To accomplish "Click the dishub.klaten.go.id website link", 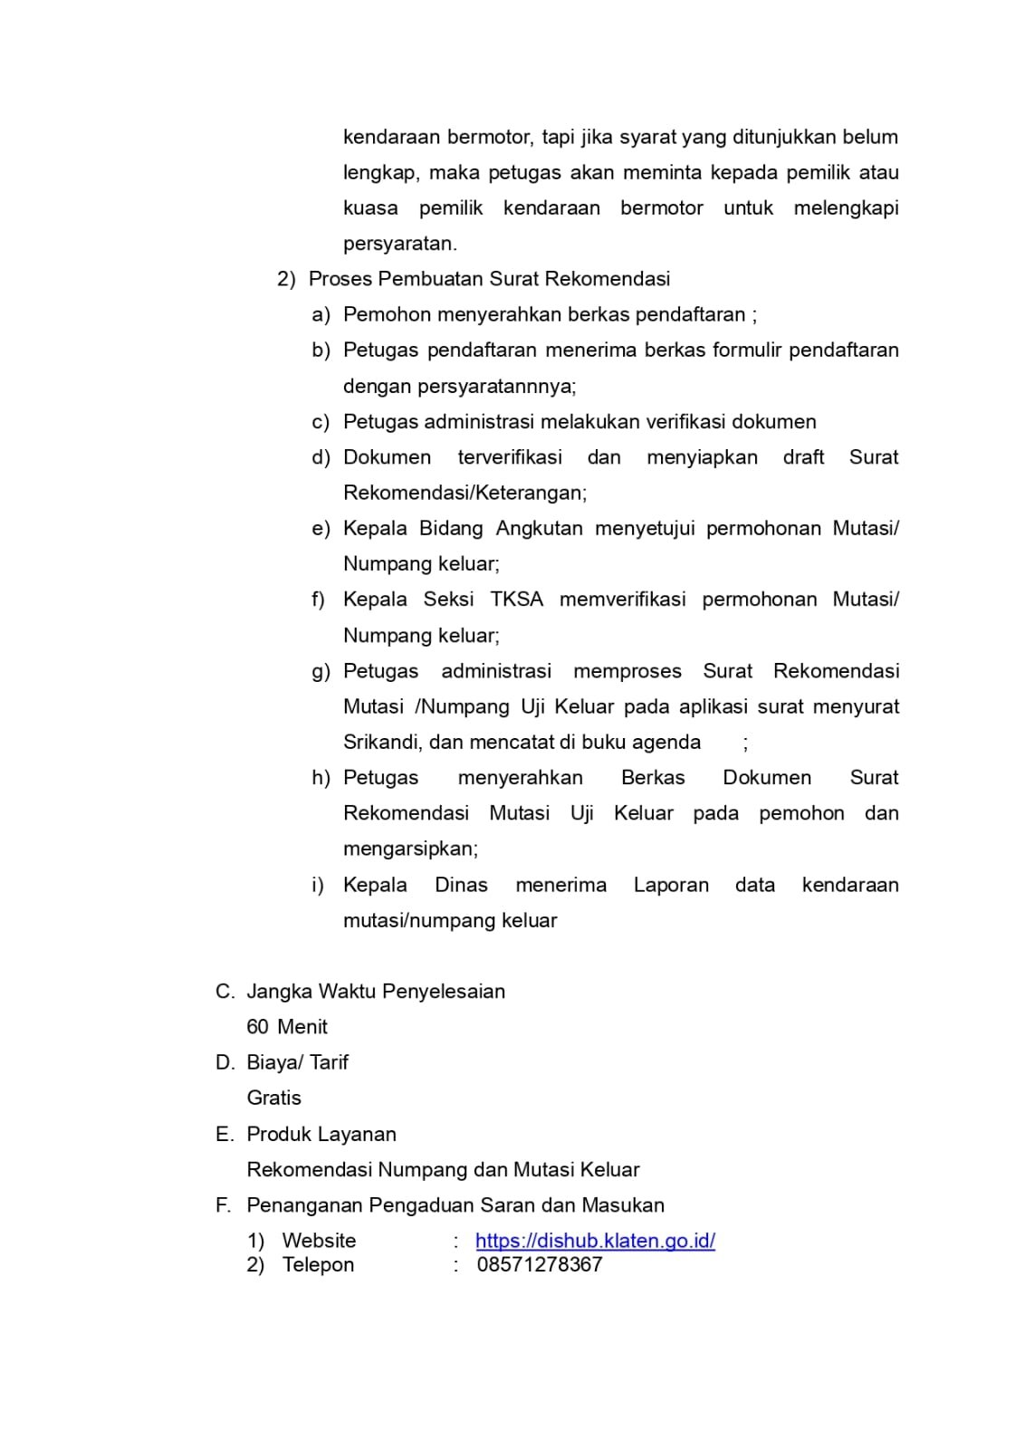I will (x=595, y=1241).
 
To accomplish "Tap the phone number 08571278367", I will (x=540, y=1264).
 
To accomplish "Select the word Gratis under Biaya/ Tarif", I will (x=273, y=1098).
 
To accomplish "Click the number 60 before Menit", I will (x=257, y=1027).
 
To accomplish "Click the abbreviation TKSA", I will (x=516, y=600).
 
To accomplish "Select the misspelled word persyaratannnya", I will (x=459, y=387).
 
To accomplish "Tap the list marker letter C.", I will (x=224, y=992).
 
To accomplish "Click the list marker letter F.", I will (x=223, y=1205).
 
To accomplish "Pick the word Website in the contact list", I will (x=319, y=1241).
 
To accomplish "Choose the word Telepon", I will (x=318, y=1265).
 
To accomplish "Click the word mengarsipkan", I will (x=410, y=849).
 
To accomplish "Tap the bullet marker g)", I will (x=321, y=672).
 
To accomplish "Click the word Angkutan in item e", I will (x=539, y=529).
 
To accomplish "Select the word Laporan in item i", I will (x=671, y=885).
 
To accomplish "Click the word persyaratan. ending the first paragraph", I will (x=399, y=244).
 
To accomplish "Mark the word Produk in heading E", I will (x=279, y=1135).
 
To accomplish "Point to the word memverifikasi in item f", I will (x=622, y=600).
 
